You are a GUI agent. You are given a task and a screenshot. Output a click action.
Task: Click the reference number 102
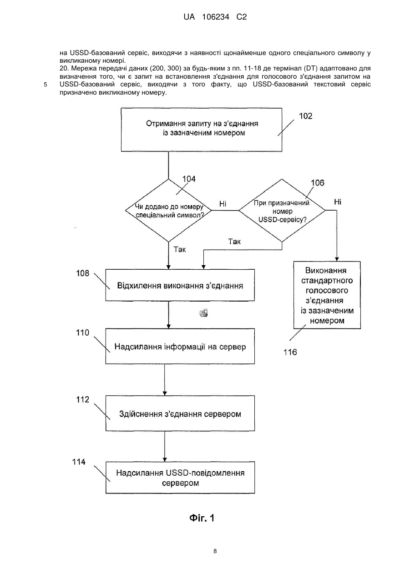click(x=305, y=116)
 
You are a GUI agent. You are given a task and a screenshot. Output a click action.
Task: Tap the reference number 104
click(x=189, y=179)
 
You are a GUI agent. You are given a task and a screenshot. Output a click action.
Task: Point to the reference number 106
click(x=317, y=183)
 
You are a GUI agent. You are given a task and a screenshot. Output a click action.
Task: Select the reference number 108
click(x=82, y=273)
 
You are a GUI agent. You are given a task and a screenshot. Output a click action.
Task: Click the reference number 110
click(x=82, y=332)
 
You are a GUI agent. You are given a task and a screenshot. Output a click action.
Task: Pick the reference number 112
click(x=82, y=400)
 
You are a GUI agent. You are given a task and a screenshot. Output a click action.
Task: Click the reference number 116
click(x=290, y=352)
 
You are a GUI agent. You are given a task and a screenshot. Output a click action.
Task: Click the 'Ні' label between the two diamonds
click(x=223, y=204)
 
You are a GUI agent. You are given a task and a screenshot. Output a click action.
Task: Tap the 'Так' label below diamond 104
click(x=180, y=249)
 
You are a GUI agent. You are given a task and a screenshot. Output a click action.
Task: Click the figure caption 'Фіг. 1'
click(x=202, y=518)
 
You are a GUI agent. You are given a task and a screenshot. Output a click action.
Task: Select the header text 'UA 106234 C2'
click(x=215, y=17)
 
